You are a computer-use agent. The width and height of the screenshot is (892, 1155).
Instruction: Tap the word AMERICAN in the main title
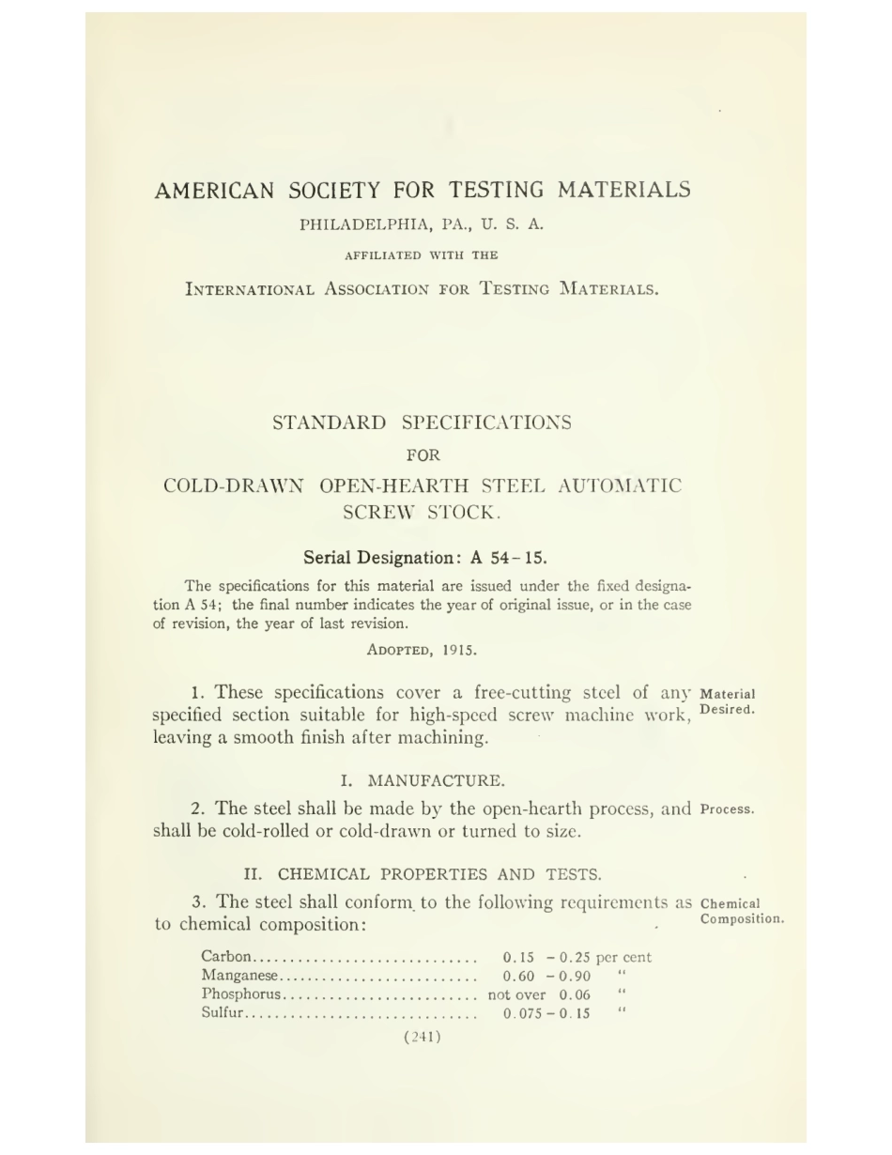click(214, 191)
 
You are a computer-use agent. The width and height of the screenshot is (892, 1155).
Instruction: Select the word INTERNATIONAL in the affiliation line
click(249, 289)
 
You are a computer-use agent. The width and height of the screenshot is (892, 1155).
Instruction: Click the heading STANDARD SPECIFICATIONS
click(422, 423)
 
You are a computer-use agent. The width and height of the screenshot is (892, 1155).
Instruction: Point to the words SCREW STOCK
click(422, 513)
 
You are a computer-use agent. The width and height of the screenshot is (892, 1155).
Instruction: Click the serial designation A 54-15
click(508, 558)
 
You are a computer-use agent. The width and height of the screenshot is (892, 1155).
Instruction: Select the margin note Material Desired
click(728, 702)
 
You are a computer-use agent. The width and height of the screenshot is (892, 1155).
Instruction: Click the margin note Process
click(727, 809)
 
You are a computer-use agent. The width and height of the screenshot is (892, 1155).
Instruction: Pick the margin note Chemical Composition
click(741, 912)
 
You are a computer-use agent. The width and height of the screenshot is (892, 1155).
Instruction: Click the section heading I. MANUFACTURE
click(422, 780)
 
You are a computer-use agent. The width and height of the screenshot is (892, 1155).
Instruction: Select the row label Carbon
click(226, 958)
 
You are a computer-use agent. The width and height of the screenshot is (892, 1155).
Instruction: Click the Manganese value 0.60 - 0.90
click(546, 976)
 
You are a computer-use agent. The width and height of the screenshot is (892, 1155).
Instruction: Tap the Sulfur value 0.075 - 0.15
click(546, 1013)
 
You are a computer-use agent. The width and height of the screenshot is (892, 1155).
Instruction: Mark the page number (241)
click(422, 1037)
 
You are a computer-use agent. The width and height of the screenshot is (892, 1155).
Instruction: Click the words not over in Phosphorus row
click(516, 994)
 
